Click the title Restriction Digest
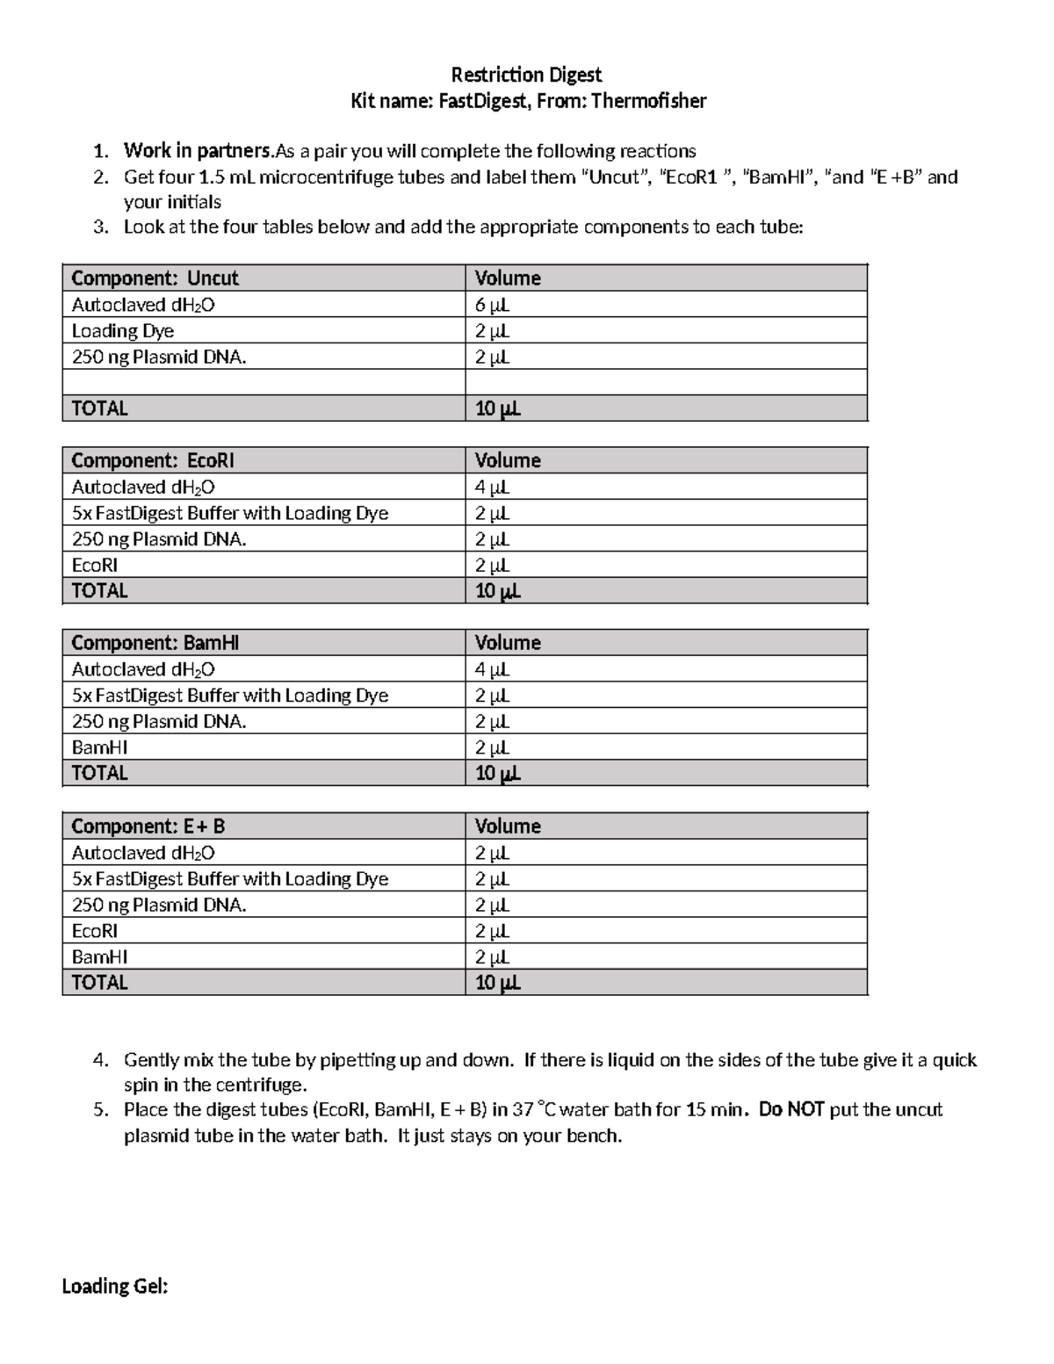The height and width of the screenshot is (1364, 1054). coord(526,75)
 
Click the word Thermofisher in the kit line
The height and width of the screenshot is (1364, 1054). coord(648,101)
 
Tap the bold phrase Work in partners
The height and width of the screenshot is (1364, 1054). coord(199,151)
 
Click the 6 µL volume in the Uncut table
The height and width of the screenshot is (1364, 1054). coord(492,305)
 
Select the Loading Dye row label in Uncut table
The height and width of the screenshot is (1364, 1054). coord(122,331)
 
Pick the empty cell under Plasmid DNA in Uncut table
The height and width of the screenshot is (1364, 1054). coord(263,382)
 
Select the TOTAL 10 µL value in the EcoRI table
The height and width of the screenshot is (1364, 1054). coord(497,591)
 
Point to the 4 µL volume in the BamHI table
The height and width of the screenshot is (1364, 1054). coord(492,669)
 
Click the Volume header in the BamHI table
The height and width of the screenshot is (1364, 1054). coord(508,643)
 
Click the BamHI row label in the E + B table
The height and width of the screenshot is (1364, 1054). coord(99,957)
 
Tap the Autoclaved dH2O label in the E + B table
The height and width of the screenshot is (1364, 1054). coord(142,853)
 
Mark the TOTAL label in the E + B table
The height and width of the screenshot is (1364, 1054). coord(99,983)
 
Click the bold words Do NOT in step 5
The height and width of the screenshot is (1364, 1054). coord(790,1110)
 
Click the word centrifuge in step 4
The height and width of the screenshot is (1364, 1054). coord(261,1085)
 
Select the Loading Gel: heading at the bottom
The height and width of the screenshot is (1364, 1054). coord(114,1287)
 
